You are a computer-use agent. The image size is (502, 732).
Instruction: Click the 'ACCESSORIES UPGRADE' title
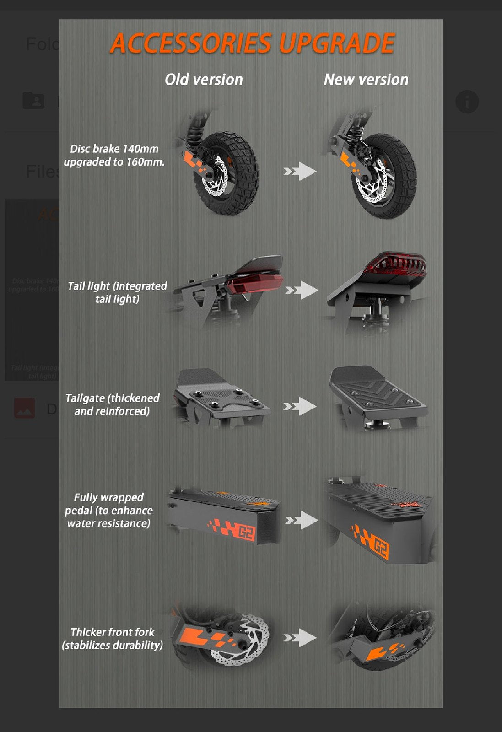(x=252, y=43)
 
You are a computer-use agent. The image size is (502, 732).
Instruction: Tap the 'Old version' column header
(x=204, y=80)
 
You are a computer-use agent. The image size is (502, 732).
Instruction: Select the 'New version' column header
(x=366, y=80)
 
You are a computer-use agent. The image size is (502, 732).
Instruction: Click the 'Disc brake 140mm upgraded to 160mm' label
(x=114, y=155)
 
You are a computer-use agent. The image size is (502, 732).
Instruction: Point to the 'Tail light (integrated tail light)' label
(x=117, y=292)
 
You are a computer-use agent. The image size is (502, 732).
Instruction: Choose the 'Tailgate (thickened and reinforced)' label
(x=112, y=404)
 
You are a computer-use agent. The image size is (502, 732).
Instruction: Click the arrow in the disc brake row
(x=300, y=172)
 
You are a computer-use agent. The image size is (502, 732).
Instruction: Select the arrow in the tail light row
(x=301, y=290)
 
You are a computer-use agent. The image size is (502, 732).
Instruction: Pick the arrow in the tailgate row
(x=300, y=406)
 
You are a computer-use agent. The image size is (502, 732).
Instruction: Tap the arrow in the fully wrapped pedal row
(x=301, y=520)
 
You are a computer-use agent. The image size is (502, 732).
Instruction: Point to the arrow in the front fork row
(x=300, y=637)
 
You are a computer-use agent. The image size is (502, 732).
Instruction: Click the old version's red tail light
(x=254, y=284)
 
